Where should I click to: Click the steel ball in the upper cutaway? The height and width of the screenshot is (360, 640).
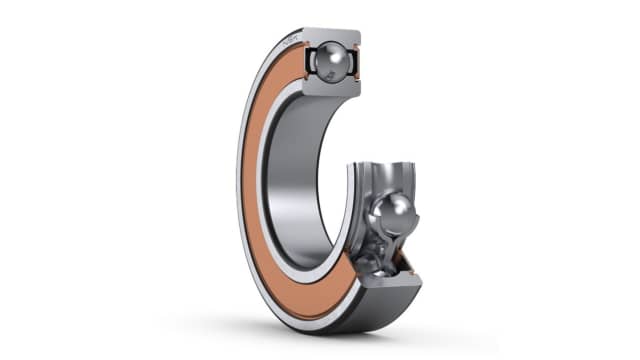click(x=327, y=62)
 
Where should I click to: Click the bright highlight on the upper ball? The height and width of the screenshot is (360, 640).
click(x=323, y=56)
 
